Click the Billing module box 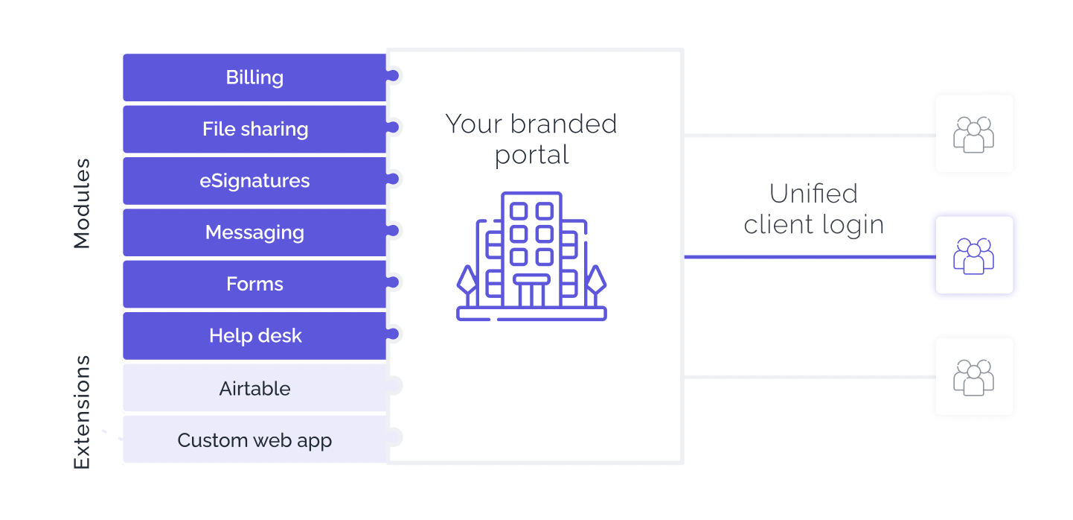(254, 77)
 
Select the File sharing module (254, 129)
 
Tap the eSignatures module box (254, 181)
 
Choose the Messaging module (254, 232)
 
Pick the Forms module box (254, 284)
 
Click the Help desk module (254, 336)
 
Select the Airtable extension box (254, 388)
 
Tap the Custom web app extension (254, 440)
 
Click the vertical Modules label (81, 203)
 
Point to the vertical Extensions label (81, 412)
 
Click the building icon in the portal (532, 256)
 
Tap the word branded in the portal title (563, 124)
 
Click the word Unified (813, 194)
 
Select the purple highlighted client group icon (974, 256)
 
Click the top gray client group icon (974, 135)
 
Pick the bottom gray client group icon (974, 378)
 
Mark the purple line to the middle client (810, 257)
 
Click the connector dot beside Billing (393, 76)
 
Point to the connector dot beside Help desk (393, 334)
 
